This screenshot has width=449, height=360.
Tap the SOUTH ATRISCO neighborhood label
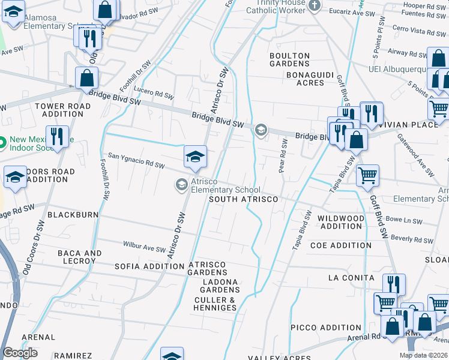[243, 199]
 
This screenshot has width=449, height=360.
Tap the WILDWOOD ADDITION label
[341, 222]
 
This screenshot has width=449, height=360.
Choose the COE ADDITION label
[341, 245]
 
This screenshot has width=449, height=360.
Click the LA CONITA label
[352, 278]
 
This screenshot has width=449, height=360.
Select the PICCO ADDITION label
[326, 328]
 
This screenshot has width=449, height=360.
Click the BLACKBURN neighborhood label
[73, 214]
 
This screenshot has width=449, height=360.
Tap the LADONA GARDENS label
[220, 286]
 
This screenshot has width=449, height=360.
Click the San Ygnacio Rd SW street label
[136, 160]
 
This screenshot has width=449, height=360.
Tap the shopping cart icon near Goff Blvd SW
[367, 176]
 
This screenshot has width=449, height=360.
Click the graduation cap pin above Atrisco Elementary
[195, 157]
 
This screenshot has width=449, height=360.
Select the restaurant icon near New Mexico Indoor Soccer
[57, 136]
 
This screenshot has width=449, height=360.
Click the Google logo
[20, 353]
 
